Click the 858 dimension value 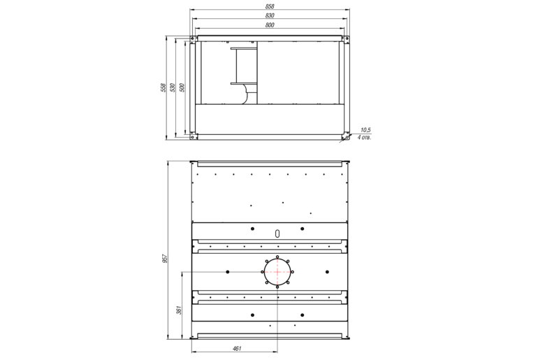point(270,6)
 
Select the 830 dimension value point(270,15)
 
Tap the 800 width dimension point(270,25)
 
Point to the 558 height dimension point(164,87)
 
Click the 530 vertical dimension point(173,87)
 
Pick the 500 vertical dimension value point(182,87)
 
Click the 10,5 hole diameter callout point(365,130)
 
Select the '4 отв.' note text point(364,138)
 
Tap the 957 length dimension point(165,259)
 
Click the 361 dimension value point(180,310)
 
